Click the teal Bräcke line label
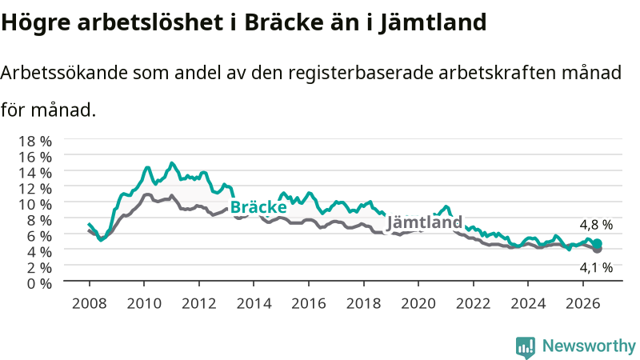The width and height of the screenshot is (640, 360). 258,207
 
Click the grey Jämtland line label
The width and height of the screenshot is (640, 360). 424,222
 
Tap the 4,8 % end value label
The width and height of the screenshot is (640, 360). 596,225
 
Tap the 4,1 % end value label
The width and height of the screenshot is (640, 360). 596,268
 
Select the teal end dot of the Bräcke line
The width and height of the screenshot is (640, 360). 597,244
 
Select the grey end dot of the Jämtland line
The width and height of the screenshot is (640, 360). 597,249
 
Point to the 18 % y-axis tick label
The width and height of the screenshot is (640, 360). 35,142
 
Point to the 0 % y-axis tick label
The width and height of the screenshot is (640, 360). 39,283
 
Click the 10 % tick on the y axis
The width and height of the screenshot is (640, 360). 35,204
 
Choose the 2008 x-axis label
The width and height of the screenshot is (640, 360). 90,304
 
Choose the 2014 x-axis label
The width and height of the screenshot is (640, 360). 254,304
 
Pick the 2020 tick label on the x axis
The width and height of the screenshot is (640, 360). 418,304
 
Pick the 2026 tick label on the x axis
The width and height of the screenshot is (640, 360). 583,304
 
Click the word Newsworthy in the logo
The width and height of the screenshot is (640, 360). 589,346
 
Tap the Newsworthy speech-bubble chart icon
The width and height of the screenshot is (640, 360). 526,347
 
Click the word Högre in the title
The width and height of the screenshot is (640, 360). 36,23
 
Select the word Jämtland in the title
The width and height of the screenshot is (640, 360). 433,23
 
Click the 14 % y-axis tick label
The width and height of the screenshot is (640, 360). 35,173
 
